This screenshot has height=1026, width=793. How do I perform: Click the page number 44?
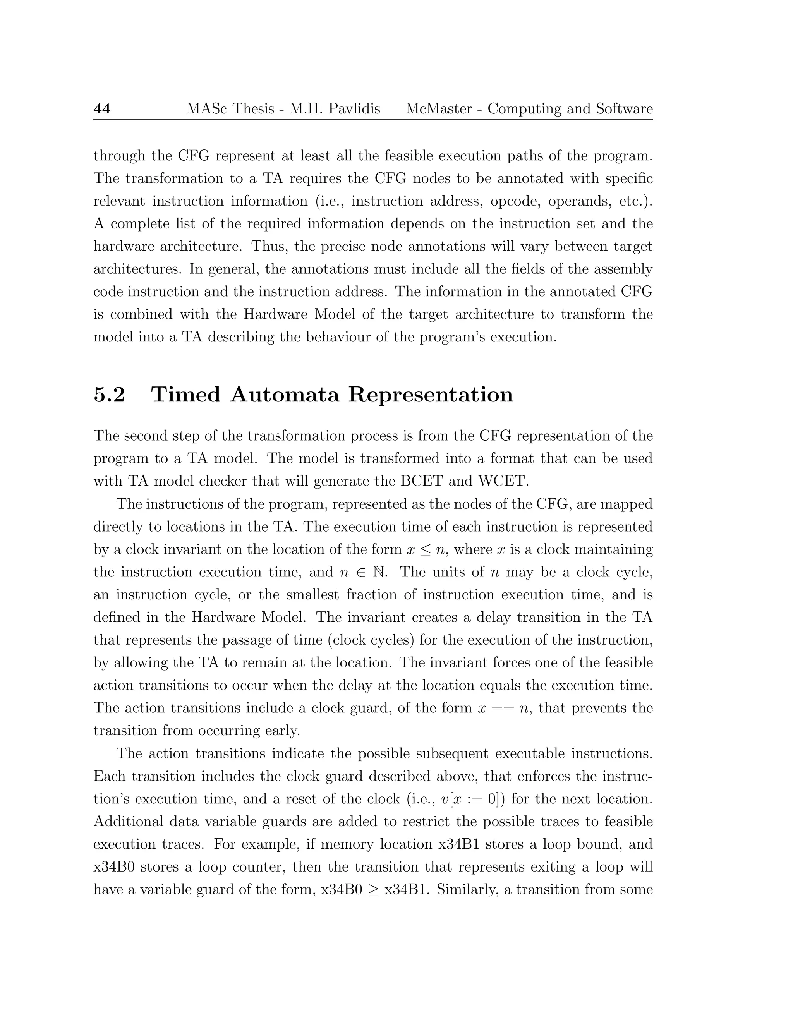[x=102, y=109]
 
